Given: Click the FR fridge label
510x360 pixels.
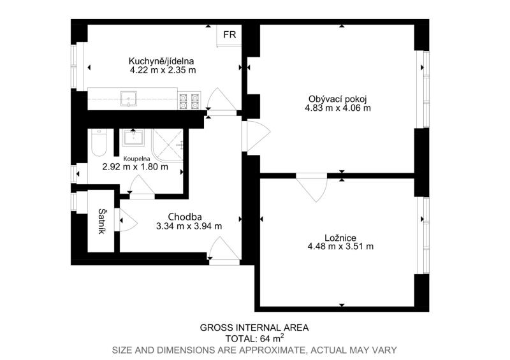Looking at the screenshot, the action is coord(229,34).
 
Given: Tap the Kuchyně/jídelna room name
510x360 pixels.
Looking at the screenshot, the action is coord(161,61).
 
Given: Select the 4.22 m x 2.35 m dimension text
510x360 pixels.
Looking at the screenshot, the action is coord(163,70).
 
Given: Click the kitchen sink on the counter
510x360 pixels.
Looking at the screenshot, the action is coord(129,98).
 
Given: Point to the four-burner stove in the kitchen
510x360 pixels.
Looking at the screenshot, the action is coord(189,101).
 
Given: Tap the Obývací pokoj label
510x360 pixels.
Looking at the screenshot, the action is coord(338,99).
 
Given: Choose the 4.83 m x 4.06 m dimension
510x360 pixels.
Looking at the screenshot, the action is coord(338,108).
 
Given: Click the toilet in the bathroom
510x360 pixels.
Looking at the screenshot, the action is coord(99,143).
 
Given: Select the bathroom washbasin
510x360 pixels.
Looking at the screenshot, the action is coord(133,138).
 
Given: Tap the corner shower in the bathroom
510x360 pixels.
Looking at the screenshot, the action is coord(168,145).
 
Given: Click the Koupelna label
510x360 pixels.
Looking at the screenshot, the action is coord(136,159).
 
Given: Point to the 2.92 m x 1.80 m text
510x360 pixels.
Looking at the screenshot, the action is coord(135,167).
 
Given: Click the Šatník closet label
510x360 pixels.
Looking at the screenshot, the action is coord(101,221).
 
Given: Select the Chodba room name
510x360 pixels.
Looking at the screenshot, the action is coord(185,217).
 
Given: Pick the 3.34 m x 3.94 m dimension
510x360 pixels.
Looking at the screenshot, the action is coord(189,226).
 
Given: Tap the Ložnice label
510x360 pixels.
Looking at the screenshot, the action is coord(340,238).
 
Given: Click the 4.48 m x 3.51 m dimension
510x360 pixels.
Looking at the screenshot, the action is coord(340,247).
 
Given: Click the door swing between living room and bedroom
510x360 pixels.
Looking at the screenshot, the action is coord(312,187).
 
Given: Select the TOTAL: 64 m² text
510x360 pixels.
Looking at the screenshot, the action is coord(254,338).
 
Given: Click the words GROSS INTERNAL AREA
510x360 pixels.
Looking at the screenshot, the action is coord(254,328).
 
